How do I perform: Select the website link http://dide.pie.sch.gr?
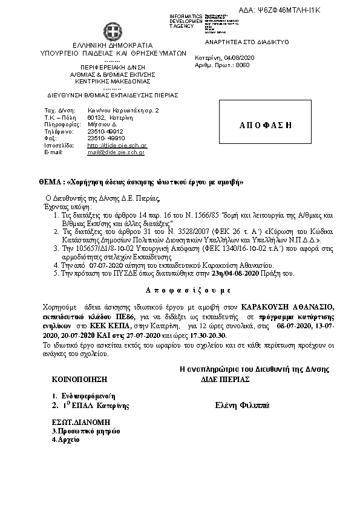coord(117,146)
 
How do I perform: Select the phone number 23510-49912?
coord(105,131)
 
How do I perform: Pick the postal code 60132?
coord(96,118)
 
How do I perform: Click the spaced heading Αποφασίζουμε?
coord(180,290)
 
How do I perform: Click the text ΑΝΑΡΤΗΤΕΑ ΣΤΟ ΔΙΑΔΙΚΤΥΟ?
coord(256,42)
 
